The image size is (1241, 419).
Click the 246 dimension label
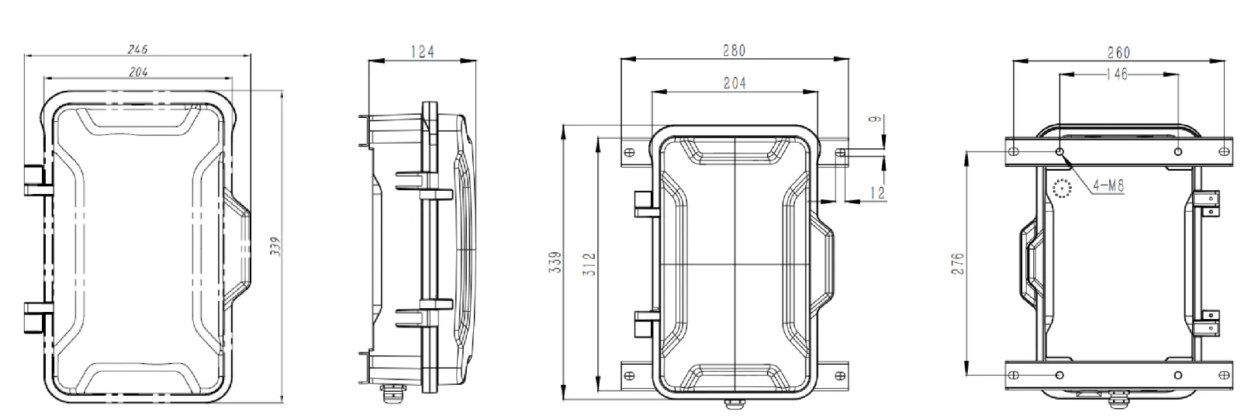pos(138,49)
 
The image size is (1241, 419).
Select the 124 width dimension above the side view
pos(423,52)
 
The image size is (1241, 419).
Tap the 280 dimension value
pos(734,50)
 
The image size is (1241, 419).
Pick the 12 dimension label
pos(876,192)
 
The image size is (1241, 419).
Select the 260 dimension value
pos(1118,53)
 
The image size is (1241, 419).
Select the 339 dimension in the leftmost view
pos(274,247)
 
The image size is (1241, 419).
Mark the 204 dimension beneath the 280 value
pos(734,84)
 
